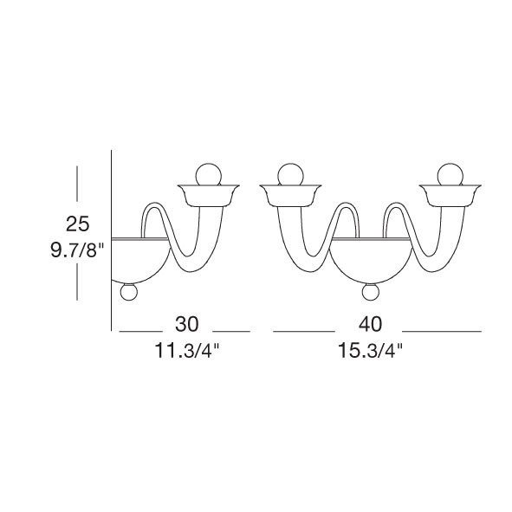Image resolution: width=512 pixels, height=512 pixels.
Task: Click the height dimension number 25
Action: (x=77, y=224)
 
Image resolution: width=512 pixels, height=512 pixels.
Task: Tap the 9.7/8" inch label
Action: (x=77, y=250)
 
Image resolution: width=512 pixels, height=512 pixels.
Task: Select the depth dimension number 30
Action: (x=187, y=324)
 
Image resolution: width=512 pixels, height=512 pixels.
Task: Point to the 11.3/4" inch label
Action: (x=187, y=350)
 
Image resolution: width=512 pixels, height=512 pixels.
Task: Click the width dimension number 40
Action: (x=370, y=324)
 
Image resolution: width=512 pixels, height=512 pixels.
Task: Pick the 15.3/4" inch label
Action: (x=370, y=350)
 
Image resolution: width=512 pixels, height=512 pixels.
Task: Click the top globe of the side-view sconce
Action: (x=208, y=175)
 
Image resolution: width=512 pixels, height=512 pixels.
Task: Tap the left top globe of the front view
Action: (x=290, y=175)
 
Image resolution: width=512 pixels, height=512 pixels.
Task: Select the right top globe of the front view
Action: (x=450, y=175)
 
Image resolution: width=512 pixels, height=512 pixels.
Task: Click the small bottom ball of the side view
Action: (x=129, y=292)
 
